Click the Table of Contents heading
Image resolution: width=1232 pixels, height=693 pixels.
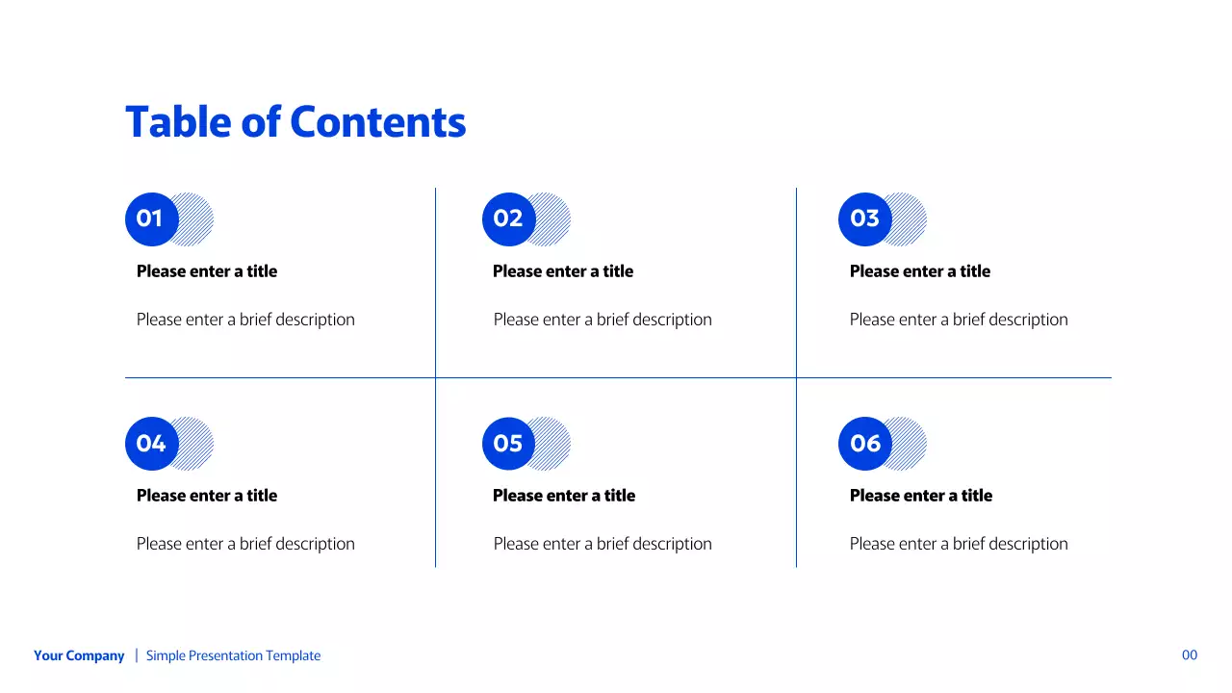point(295,122)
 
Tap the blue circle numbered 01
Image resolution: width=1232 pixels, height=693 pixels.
point(150,219)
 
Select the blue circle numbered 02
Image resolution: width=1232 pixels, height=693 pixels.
point(507,219)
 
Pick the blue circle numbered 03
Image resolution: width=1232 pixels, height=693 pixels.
point(864,219)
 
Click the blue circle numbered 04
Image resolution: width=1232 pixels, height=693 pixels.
point(150,444)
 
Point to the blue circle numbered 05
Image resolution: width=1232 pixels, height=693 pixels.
point(507,444)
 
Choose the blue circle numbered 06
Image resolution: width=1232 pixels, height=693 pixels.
point(864,444)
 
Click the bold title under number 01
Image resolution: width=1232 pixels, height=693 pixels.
point(207,271)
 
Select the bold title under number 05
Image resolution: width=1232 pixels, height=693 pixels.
point(564,496)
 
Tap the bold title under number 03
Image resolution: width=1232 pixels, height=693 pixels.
point(920,271)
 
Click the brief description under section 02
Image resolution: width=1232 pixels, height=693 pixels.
point(603,320)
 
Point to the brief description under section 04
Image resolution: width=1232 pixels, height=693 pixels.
point(245,544)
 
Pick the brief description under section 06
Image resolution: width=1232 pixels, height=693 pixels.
point(959,544)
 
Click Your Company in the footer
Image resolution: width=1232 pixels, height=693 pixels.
point(79,655)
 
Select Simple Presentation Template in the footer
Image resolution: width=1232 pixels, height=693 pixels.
point(233,655)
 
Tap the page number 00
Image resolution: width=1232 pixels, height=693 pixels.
point(1190,655)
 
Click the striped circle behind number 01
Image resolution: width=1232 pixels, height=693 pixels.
point(198,219)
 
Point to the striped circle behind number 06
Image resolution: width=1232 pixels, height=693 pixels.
point(911,444)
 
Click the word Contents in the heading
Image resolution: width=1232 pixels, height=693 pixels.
point(378,122)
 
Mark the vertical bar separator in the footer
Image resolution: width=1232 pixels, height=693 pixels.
point(136,655)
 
